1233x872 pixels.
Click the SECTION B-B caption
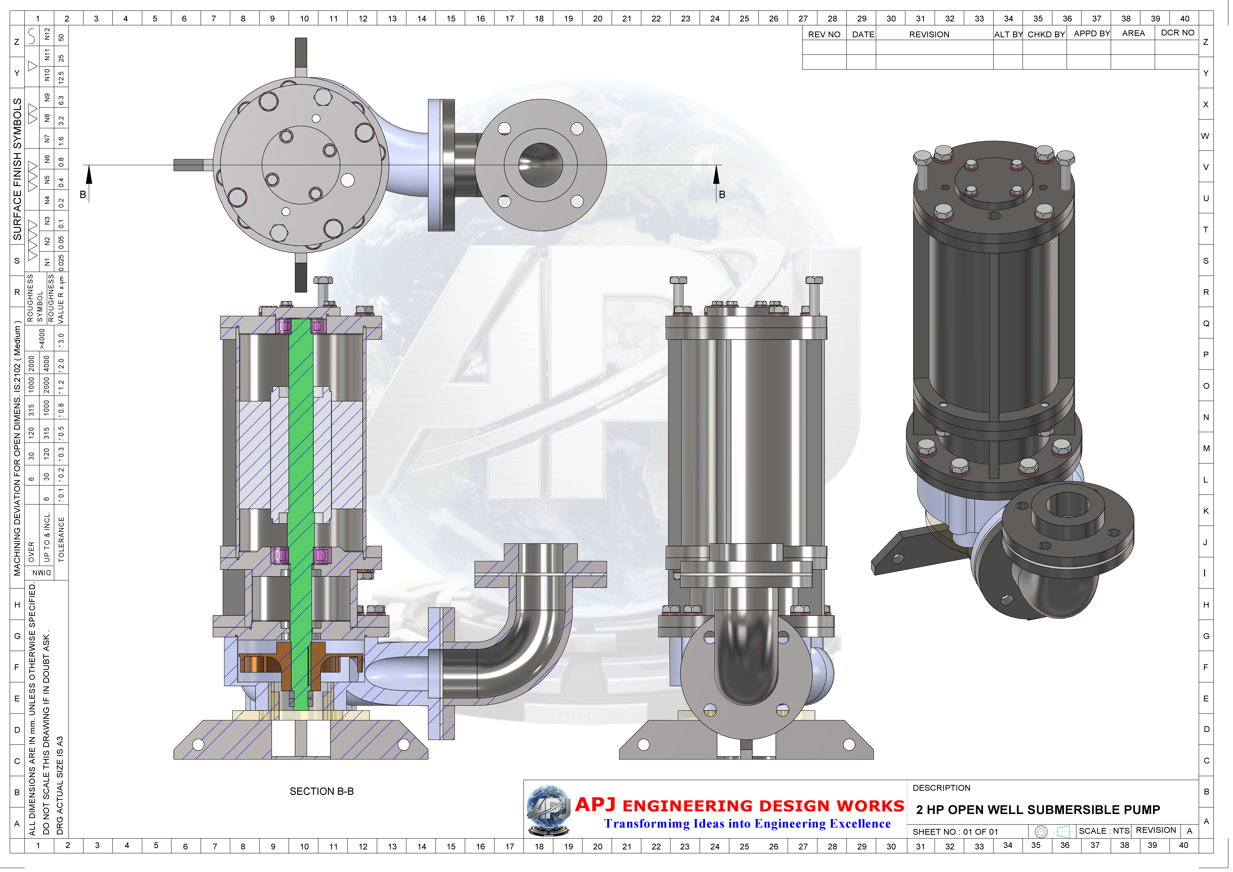322,791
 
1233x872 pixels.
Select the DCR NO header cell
1177,33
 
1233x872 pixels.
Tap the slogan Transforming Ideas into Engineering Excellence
747,824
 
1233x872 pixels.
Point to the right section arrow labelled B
716,176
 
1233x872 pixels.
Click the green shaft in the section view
301,483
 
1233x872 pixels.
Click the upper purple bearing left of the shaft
283,326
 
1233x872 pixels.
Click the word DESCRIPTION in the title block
941,788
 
